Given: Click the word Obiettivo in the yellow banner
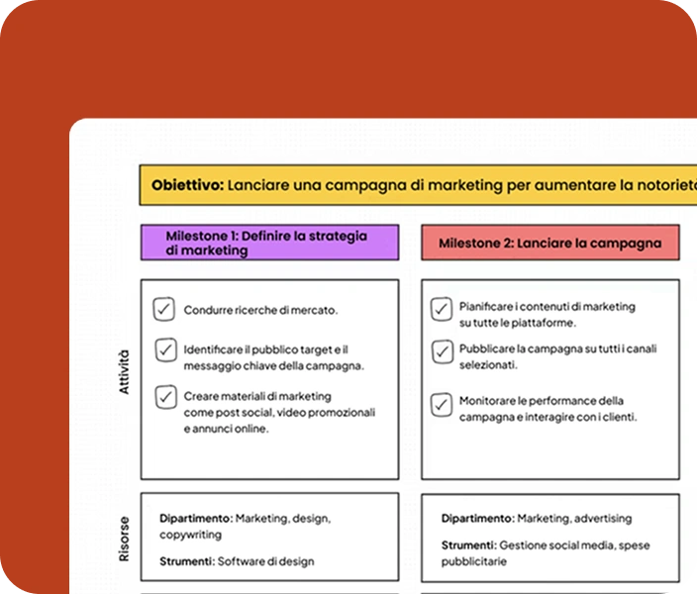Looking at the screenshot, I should [187, 184].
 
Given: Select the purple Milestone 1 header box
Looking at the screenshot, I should [269, 243].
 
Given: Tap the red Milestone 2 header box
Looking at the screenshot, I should [550, 243].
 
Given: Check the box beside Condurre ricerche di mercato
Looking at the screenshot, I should [164, 310].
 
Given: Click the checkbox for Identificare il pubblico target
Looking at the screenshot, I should [164, 350].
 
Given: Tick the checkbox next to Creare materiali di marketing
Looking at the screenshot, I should [164, 397].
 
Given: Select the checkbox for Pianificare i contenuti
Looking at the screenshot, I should [441, 310].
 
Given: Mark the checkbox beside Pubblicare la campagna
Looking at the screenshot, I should [441, 350].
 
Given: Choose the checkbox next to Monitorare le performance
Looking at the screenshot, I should [441, 404].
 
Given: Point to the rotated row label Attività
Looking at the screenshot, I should [124, 371].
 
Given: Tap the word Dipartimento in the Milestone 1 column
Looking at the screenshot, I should [196, 518].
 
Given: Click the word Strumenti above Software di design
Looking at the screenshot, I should [186, 561].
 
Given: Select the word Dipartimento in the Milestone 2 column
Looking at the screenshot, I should [477, 518].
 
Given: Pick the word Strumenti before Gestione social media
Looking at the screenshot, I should [467, 544].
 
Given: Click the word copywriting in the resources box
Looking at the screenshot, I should [192, 535].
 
